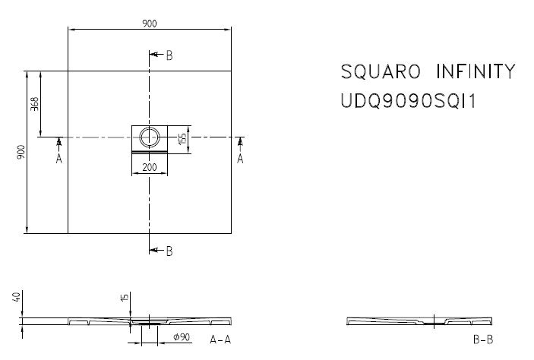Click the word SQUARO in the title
pos(381,71)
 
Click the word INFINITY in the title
pos(476,71)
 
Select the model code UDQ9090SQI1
pos(409,101)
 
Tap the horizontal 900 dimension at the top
pos(150,24)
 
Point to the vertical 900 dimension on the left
pos(21,152)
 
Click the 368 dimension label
pos(34,104)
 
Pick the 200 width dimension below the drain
pos(150,167)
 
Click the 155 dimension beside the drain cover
pos(182,138)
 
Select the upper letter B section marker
pos(169,55)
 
